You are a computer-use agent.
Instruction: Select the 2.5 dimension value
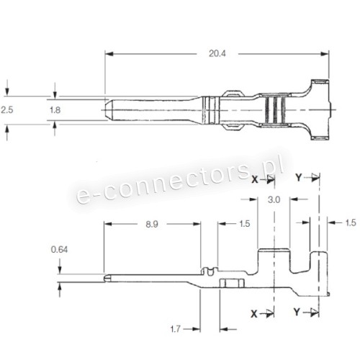coord(7,109)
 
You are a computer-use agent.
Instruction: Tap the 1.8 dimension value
coord(55,109)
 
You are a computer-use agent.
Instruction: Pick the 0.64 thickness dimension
coord(60,250)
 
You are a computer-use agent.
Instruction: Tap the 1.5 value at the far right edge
coord(350,223)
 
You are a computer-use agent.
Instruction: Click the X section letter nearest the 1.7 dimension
coord(253,313)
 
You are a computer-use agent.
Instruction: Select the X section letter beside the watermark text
coord(254,178)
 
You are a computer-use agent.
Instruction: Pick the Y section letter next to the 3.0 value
coord(298,177)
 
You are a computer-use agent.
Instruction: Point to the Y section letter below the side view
coord(297,313)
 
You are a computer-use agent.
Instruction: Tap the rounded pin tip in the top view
coord(109,109)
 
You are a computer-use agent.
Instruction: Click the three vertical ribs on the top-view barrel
coord(273,109)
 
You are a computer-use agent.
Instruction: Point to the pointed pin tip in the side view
coord(107,276)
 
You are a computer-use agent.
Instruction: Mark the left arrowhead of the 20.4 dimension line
coord(109,53)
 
